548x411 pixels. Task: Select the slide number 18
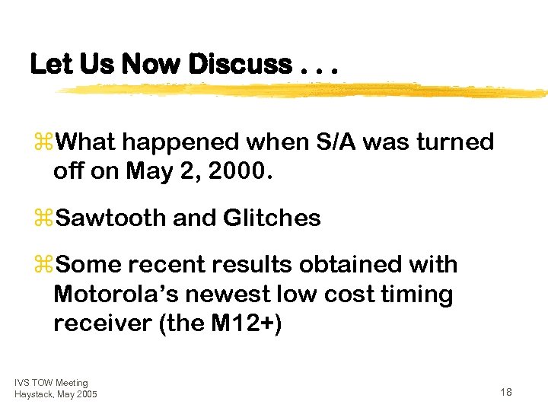pos(506,391)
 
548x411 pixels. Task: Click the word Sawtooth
pos(112,218)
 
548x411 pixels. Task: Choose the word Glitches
pos(272,218)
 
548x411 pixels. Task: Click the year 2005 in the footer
pos(86,393)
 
